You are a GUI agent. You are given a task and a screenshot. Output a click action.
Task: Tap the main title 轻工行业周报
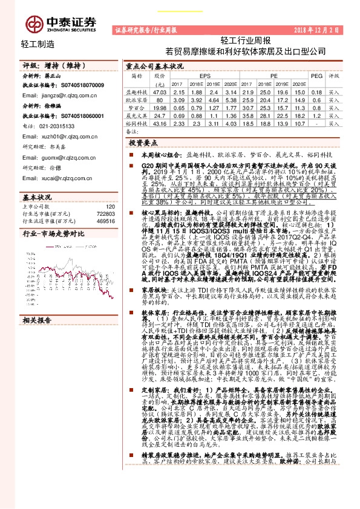tap(237, 41)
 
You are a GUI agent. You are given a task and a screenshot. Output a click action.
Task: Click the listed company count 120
tap(110, 206)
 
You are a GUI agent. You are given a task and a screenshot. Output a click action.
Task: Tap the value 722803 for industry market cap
tap(106, 213)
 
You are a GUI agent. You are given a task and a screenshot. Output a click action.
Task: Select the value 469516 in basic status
tap(106, 221)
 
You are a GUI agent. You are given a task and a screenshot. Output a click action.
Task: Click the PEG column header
tap(316, 76)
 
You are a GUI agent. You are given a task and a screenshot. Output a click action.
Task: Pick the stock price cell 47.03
tap(159, 91)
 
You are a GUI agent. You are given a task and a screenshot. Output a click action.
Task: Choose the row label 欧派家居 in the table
tap(137, 99)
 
